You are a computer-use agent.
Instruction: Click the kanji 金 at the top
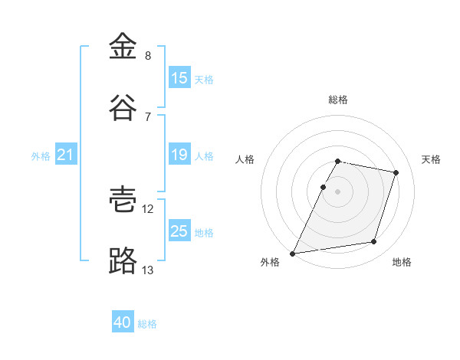123,46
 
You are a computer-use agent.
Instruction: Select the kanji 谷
123,107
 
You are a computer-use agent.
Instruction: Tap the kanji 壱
123,200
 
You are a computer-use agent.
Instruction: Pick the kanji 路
123,260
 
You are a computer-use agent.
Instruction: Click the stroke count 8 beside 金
148,56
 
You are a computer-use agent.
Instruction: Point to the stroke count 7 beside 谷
148,117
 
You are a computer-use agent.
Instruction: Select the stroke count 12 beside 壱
147,209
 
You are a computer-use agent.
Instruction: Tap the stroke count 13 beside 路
147,270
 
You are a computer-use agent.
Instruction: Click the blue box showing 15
179,77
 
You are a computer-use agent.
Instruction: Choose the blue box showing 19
179,154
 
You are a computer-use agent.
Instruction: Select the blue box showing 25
179,230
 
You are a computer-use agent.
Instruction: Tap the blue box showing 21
66,154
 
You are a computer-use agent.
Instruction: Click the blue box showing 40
123,321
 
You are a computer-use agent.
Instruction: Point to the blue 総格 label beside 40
147,324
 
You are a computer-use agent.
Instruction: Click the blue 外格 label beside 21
41,156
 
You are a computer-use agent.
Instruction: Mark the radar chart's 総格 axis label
338,100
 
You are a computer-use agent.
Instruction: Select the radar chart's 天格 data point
396,172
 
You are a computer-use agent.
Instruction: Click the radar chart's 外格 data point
292,254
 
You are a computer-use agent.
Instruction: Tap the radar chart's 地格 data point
373,241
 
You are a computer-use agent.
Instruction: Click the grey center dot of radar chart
337,191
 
